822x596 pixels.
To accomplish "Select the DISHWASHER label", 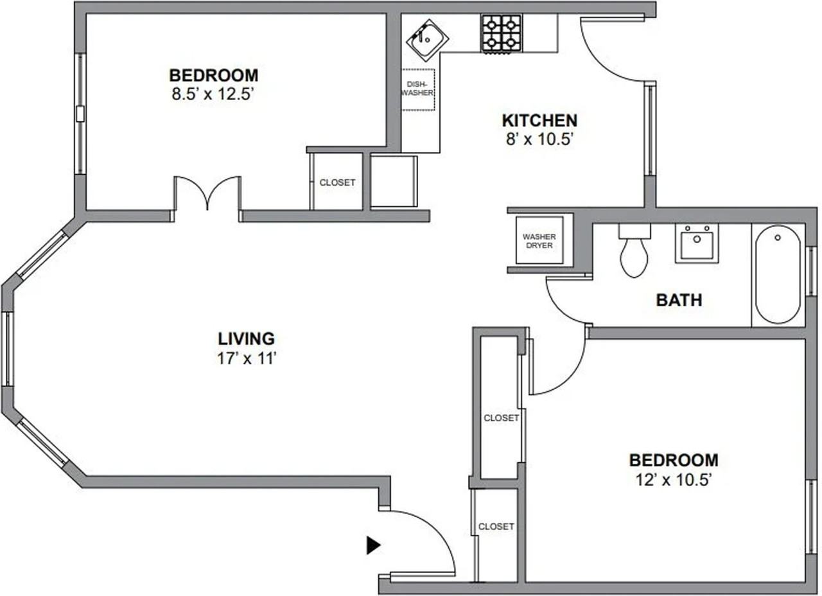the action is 417,89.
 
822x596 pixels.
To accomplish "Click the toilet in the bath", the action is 634,250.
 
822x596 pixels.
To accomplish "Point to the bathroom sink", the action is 697,243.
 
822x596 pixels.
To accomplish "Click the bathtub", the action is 778,274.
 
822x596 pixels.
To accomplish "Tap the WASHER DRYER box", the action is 539,240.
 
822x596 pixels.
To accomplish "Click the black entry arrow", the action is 374,545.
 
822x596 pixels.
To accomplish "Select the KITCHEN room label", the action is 539,121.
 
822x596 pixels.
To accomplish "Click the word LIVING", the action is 246,338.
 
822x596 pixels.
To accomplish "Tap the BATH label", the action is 679,300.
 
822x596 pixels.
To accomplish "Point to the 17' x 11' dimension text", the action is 246,358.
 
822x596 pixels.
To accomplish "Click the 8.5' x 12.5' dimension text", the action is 213,94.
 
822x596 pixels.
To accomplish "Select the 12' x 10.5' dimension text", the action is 674,480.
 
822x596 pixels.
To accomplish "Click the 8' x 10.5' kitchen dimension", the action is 539,139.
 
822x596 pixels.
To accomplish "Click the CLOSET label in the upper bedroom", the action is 337,182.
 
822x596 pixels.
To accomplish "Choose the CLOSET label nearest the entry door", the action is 496,527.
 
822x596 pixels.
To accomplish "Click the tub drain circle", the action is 778,238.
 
